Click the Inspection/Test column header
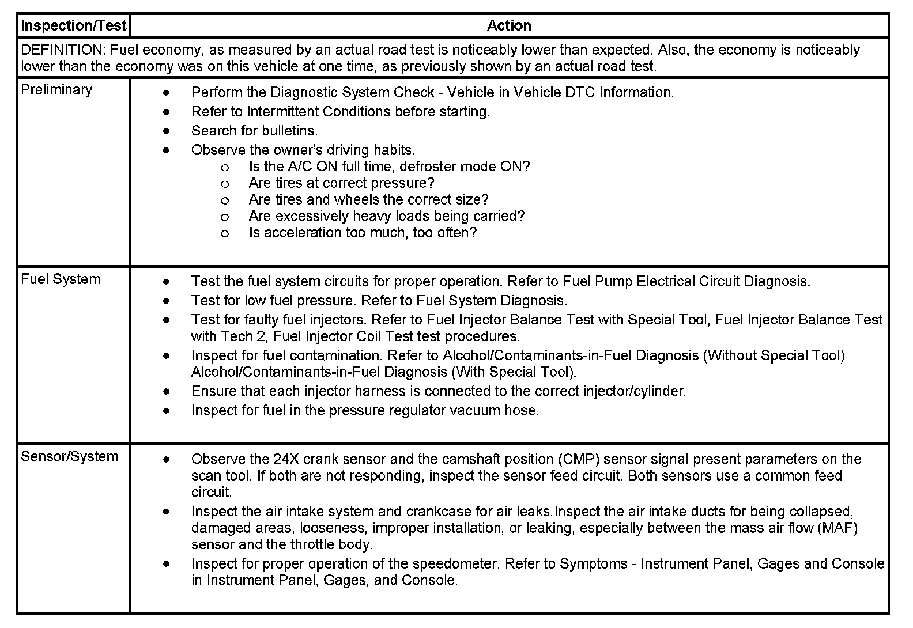73,25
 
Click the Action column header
509,25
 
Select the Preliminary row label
56,90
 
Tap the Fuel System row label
61,279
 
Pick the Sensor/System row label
70,457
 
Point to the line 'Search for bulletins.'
254,131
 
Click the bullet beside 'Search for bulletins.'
167,131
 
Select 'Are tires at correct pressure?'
341,183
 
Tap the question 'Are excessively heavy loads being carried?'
387,216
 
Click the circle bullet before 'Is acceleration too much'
225,233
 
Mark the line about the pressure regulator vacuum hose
365,411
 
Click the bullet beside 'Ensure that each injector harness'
167,392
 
